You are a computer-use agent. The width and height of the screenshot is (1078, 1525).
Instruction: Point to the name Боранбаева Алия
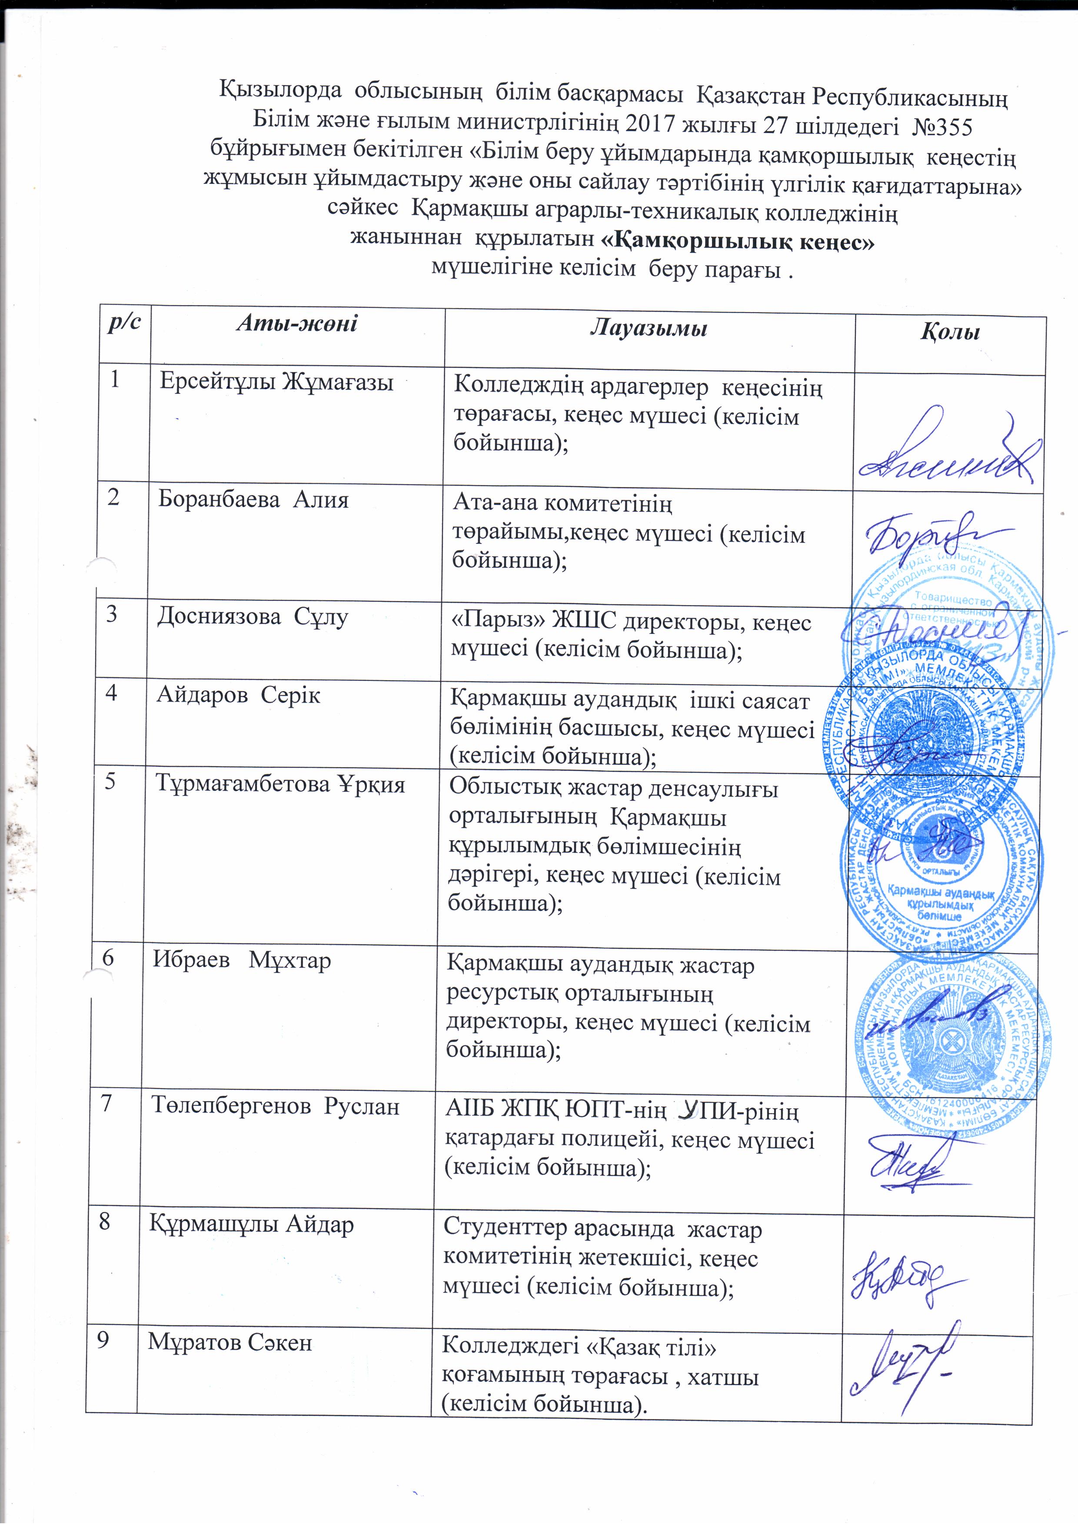point(253,499)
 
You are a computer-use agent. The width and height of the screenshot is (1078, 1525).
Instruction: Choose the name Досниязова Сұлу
point(253,617)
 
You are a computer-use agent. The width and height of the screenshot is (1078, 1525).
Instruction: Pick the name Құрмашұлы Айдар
point(251,1224)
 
